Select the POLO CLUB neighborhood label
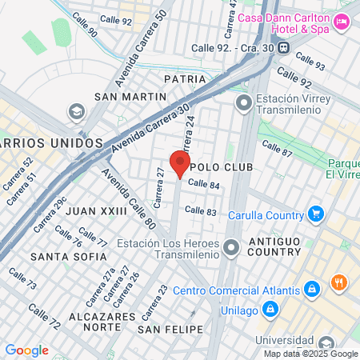[x=222, y=167]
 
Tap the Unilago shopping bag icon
[x=271, y=308]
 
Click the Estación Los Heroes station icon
[x=231, y=250]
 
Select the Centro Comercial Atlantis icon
[x=313, y=288]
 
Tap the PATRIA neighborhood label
[x=179, y=79]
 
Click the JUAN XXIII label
[x=96, y=210]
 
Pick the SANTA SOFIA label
[x=68, y=257]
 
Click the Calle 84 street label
[x=203, y=184]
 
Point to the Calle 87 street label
[x=276, y=149]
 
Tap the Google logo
[x=27, y=350]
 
